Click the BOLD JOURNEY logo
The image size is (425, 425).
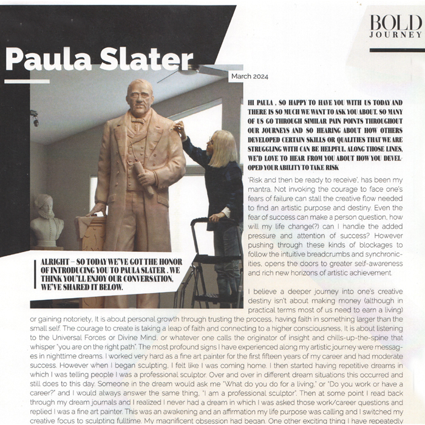click(395, 25)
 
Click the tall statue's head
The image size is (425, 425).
click(140, 98)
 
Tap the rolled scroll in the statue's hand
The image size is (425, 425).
click(144, 177)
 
